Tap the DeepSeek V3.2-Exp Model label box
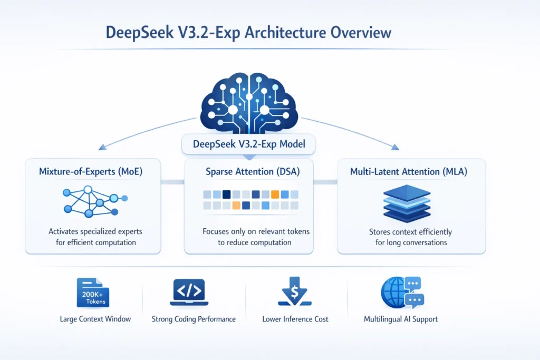tap(248, 144)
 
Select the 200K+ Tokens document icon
tap(93, 293)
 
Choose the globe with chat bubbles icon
tap(401, 293)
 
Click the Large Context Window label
tap(95, 319)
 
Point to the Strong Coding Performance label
tap(194, 319)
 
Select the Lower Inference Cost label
tap(295, 319)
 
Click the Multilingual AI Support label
tap(401, 319)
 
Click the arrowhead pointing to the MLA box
tap(394, 148)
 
